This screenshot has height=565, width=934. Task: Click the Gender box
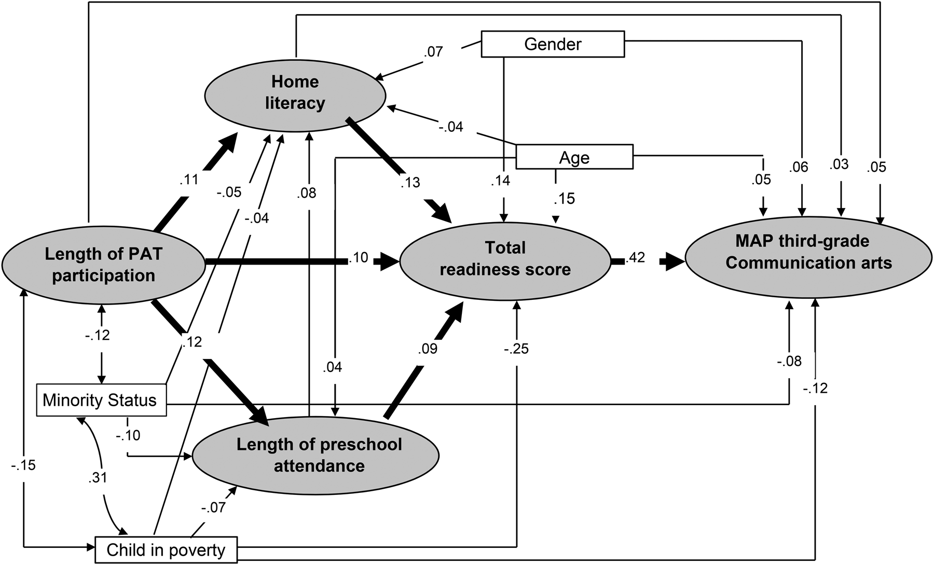tap(553, 44)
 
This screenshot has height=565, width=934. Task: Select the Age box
tap(574, 157)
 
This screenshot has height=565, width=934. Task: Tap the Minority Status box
tap(101, 400)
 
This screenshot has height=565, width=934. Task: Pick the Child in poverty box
tap(166, 549)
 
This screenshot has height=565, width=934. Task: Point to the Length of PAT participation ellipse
tap(103, 264)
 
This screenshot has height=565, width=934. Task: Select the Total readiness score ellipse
tap(505, 259)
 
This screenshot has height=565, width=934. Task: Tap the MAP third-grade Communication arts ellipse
tap(808, 252)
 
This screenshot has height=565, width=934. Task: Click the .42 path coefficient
tap(636, 257)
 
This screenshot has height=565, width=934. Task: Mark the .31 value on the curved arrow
tap(98, 476)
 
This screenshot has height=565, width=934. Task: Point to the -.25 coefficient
tap(516, 349)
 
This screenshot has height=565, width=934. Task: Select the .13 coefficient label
tap(410, 182)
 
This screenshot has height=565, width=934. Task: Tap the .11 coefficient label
tap(188, 179)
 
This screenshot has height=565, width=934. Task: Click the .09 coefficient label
tap(427, 348)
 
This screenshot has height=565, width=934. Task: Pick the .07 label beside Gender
tap(433, 52)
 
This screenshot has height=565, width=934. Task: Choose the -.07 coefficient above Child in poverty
tap(213, 507)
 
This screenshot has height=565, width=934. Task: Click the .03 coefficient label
tap(839, 164)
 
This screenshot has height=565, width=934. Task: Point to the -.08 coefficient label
tap(789, 361)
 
